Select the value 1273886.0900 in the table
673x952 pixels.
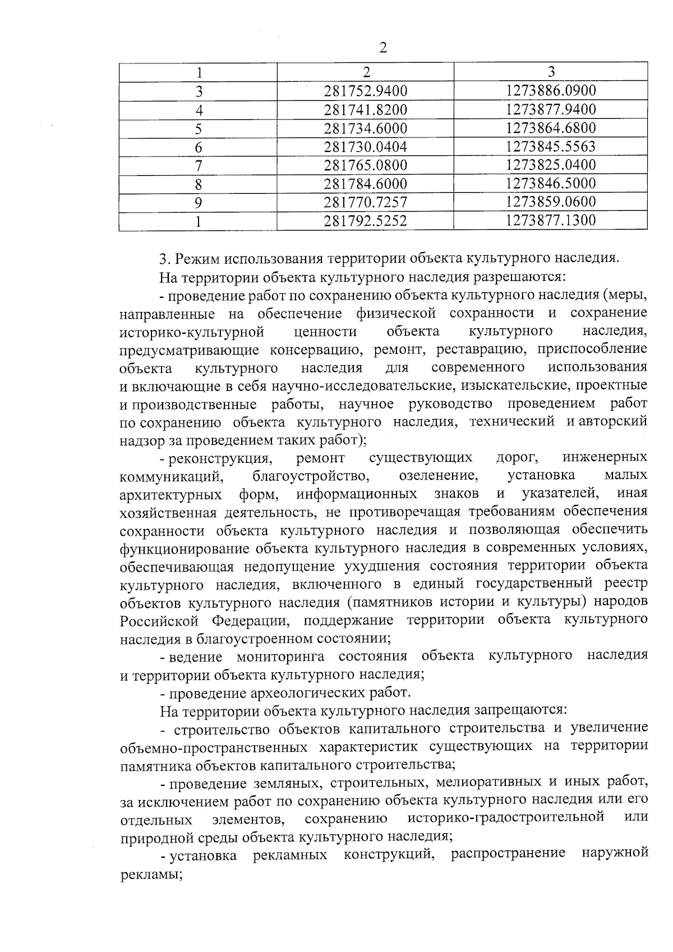(550, 91)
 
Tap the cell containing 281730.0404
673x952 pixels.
(366, 147)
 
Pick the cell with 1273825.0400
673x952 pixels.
(550, 165)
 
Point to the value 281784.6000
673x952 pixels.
(366, 184)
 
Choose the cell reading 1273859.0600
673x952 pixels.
(550, 202)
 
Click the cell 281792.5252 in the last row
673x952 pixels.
(366, 221)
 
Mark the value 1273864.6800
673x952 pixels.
(550, 128)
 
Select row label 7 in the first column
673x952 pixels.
(198, 165)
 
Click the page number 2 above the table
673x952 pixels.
(384, 48)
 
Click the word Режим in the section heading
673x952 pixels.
(198, 259)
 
